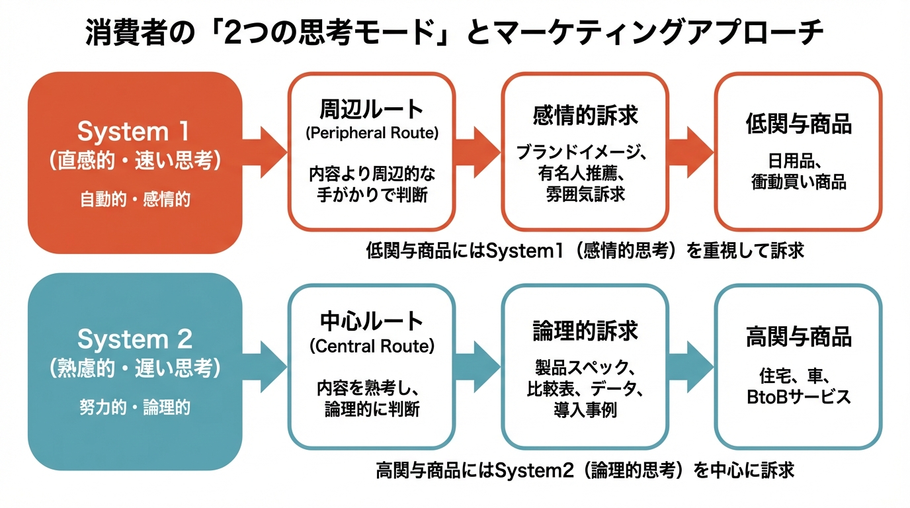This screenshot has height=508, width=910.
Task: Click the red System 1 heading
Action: click(x=134, y=132)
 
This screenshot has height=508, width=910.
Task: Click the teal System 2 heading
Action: click(x=134, y=339)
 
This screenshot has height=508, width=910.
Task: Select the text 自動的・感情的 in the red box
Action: click(x=134, y=199)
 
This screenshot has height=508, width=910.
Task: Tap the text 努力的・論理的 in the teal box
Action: click(x=134, y=407)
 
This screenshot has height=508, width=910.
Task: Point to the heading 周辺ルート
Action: click(x=371, y=108)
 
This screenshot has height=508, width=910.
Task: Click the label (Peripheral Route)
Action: click(x=371, y=133)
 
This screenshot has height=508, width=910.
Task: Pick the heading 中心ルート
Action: click(x=371, y=321)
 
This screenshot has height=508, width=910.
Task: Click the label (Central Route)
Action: click(x=371, y=346)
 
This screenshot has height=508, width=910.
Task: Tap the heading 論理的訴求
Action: click(x=585, y=331)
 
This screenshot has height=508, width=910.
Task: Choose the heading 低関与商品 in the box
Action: click(x=798, y=124)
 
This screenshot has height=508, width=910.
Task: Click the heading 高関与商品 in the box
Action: click(x=798, y=337)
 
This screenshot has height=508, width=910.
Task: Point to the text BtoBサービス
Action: click(x=798, y=397)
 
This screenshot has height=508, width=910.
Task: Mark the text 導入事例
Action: click(x=585, y=410)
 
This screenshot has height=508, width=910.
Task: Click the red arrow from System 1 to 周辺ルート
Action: click(x=264, y=151)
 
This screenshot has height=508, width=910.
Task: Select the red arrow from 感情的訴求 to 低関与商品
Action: click(x=690, y=151)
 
